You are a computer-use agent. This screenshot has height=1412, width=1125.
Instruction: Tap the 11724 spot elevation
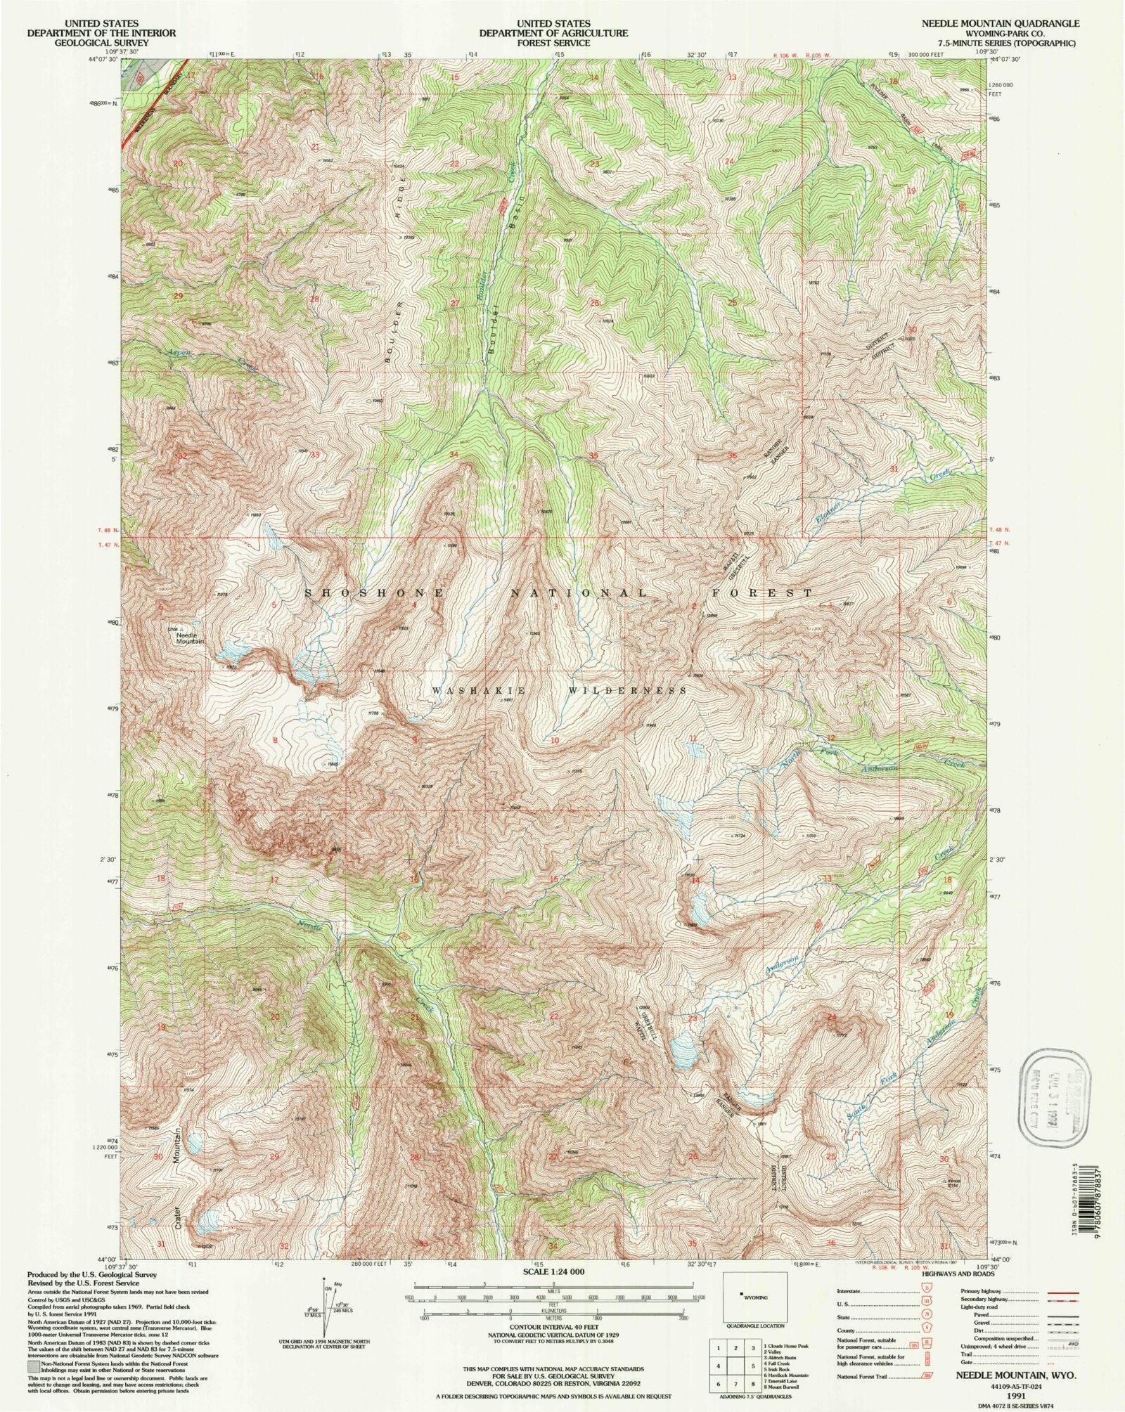[x=738, y=836]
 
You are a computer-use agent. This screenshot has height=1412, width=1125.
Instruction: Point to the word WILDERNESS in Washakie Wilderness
[x=627, y=691]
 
